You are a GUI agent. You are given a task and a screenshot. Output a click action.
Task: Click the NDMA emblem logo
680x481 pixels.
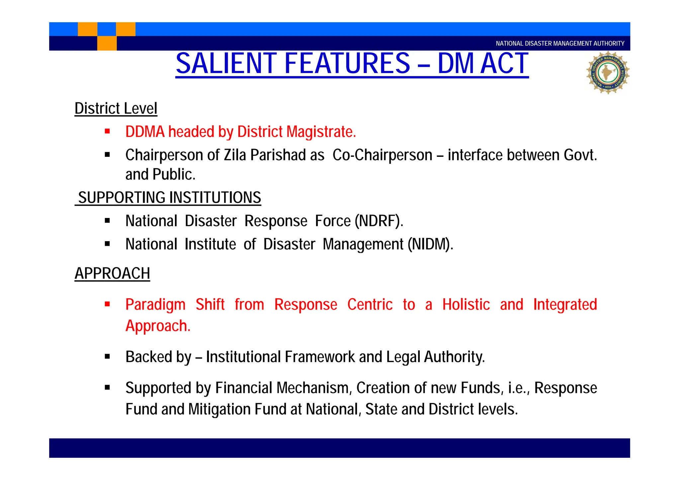pos(607,72)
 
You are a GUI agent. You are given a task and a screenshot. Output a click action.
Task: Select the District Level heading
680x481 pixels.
pos(116,109)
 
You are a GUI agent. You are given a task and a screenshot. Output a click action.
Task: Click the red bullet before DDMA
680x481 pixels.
pos(107,131)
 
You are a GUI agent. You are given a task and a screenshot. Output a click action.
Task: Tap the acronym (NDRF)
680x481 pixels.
pos(379,221)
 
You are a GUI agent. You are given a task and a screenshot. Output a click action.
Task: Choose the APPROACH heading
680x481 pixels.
pos(112,273)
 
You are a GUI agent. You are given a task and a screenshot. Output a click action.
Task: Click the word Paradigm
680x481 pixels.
pos(155,305)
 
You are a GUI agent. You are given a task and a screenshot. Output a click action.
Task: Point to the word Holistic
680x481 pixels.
pos(466,305)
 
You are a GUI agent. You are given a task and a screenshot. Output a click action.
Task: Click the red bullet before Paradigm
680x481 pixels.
pos(107,304)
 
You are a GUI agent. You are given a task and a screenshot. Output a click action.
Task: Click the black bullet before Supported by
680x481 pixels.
pos(107,387)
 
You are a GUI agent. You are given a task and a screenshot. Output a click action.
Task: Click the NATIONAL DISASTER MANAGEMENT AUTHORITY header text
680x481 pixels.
pos(560,44)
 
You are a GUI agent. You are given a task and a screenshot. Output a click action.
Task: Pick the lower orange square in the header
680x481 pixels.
pos(107,43)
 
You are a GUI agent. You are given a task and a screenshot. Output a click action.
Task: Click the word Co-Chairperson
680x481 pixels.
pos(382,155)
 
